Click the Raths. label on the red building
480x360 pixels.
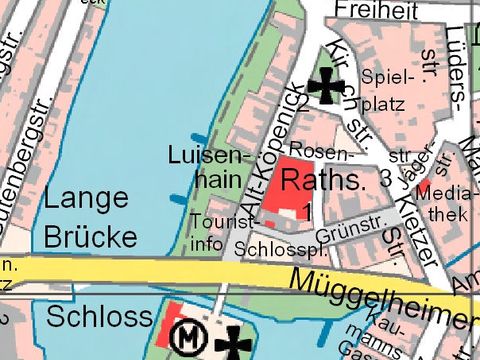click(x=323, y=181)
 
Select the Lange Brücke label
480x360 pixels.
click(x=90, y=217)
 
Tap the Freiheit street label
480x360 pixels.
click(x=377, y=11)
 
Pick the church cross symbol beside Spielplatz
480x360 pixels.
click(x=325, y=86)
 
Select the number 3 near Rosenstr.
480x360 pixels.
click(x=384, y=180)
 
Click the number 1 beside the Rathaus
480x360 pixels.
click(x=308, y=209)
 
